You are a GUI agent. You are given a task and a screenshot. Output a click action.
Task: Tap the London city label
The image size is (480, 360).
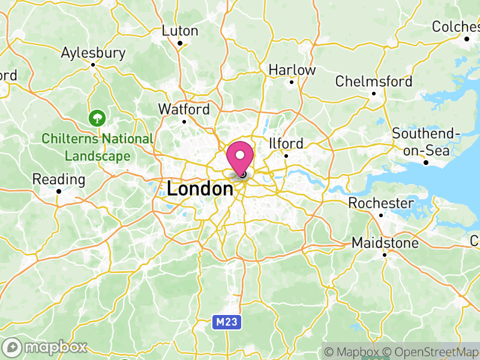point(200,190)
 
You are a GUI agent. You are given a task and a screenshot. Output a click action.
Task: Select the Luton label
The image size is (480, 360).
point(180,31)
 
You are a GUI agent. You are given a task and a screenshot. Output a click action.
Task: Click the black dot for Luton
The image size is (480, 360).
point(180,43)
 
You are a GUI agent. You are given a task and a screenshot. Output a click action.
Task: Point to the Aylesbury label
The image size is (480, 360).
point(93,53)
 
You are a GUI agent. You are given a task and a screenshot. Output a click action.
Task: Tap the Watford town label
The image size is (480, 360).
point(184,109)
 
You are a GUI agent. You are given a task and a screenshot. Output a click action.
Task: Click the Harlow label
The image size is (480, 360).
point(292,70)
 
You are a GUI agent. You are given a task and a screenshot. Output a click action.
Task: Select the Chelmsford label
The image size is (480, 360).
point(374,81)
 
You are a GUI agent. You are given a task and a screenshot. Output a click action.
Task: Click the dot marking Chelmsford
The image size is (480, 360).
point(374,93)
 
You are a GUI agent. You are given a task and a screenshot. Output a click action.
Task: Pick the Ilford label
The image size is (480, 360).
point(286,143)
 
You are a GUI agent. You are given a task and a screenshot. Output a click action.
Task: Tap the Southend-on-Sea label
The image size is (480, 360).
point(425,142)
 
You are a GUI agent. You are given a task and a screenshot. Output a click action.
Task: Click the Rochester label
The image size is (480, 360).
point(380,203)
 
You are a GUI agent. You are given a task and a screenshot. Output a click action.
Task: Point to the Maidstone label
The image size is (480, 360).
point(385,243)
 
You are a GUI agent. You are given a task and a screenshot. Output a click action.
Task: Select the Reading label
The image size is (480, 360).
point(59,179)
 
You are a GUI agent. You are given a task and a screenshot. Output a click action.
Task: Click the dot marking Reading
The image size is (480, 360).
point(59,191)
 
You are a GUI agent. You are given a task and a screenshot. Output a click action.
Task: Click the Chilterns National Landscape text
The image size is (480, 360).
point(97,147)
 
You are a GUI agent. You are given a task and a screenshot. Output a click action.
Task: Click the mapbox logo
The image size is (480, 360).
point(45,347)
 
